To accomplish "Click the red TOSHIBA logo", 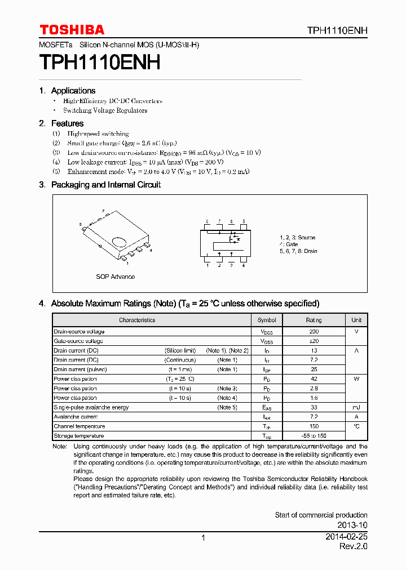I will pyautogui.click(x=72, y=30).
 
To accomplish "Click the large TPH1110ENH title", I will pyautogui.click(x=100, y=62).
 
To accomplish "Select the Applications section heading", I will pyautogui.click(x=73, y=91).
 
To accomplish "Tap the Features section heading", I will pyautogui.click(x=67, y=123).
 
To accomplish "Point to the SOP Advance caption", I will pyautogui.click(x=115, y=277).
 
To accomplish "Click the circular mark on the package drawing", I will pyautogui.click(x=119, y=242).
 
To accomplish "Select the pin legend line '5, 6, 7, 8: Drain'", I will pyautogui.click(x=298, y=251).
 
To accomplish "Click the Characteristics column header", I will pyautogui.click(x=137, y=320).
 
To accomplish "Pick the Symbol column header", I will pyautogui.click(x=267, y=320).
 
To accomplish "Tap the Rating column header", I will pyautogui.click(x=314, y=320).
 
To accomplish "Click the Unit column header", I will pyautogui.click(x=356, y=320).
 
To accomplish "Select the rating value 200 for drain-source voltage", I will pyautogui.click(x=314, y=332).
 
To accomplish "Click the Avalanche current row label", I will pyautogui.click(x=76, y=417).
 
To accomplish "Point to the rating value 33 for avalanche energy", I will pyautogui.click(x=314, y=407).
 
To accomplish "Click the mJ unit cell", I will pyautogui.click(x=356, y=407).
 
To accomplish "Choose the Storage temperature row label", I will pyautogui.click(x=78, y=436).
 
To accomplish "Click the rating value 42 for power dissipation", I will pyautogui.click(x=314, y=379).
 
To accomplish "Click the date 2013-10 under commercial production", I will pyautogui.click(x=354, y=525).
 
